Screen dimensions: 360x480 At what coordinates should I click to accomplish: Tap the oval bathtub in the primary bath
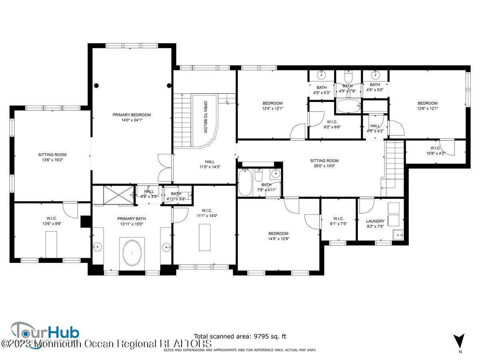click(132, 252)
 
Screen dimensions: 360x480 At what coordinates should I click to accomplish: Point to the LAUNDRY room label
click(375, 221)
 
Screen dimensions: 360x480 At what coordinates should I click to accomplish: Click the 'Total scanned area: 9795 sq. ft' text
click(240, 336)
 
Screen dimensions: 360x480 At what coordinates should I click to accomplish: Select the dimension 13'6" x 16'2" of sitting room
click(52, 160)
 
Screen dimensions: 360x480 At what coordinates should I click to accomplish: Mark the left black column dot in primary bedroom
click(97, 85)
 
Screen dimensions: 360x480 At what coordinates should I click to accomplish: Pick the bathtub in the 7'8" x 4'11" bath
click(245, 182)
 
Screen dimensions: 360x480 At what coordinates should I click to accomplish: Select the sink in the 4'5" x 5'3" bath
click(321, 75)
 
